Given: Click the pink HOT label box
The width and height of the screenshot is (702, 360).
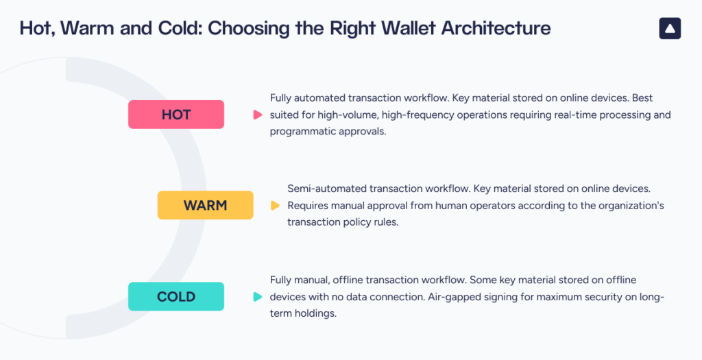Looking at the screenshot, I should coord(176,115).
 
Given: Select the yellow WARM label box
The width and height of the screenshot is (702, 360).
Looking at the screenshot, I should coord(205,205).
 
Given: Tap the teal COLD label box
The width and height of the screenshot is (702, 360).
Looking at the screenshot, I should coord(176,297).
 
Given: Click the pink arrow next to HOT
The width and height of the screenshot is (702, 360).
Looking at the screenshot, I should coord(257,115).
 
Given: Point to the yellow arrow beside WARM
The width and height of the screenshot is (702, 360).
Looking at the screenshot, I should coord(275,205).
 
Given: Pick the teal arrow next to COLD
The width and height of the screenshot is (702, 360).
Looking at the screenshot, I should coord(257,297).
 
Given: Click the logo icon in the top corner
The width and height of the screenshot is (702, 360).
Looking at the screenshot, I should coord(670,28).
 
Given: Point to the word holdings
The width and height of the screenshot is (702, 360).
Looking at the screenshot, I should coord(317,313).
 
